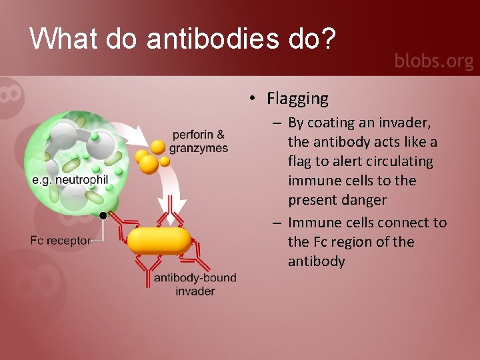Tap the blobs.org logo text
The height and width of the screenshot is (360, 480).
(433, 61)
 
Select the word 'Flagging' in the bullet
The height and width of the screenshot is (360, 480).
(297, 99)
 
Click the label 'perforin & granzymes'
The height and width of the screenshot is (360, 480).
(198, 141)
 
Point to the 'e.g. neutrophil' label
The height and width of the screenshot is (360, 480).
(70, 180)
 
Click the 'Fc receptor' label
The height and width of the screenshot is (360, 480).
(61, 240)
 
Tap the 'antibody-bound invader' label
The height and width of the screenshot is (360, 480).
(195, 284)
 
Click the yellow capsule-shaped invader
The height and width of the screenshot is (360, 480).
(159, 240)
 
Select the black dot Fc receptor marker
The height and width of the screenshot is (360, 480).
(103, 215)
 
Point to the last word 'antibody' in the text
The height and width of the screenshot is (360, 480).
(316, 261)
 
